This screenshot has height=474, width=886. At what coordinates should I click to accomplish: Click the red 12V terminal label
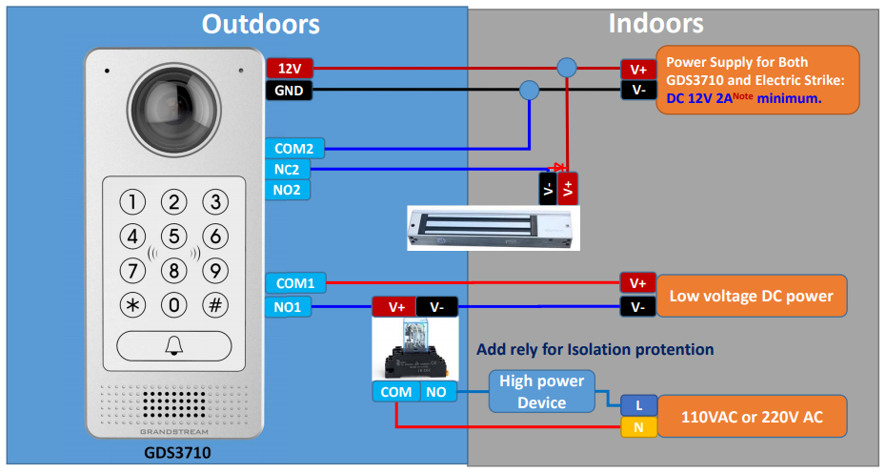click(x=290, y=69)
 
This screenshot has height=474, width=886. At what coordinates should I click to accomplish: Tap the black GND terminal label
click(x=289, y=91)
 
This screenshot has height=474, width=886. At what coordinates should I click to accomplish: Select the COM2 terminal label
click(x=294, y=149)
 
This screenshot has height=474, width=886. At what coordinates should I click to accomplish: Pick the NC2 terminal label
click(x=288, y=169)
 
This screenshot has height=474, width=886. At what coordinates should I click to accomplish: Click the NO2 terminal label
click(x=288, y=190)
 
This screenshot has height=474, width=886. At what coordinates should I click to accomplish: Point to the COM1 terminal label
click(x=295, y=283)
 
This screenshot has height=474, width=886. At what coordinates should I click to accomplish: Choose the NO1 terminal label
click(x=288, y=307)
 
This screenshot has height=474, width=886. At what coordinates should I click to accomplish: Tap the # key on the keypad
click(x=215, y=305)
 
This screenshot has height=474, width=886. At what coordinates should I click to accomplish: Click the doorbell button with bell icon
click(x=174, y=345)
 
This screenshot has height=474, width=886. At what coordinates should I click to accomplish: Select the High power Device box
click(x=541, y=391)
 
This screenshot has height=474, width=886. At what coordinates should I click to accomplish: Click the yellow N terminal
click(x=638, y=427)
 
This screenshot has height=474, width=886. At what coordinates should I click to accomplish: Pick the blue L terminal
click(x=638, y=405)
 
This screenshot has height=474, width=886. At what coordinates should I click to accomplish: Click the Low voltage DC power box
click(x=751, y=296)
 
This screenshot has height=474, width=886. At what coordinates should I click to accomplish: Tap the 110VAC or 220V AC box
click(x=752, y=417)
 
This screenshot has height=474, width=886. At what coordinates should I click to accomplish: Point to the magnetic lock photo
click(x=493, y=228)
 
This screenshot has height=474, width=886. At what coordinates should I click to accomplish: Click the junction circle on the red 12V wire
click(x=567, y=68)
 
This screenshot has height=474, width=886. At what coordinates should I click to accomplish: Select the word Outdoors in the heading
click(x=261, y=25)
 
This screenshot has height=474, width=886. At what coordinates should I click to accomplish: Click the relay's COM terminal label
click(x=396, y=392)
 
